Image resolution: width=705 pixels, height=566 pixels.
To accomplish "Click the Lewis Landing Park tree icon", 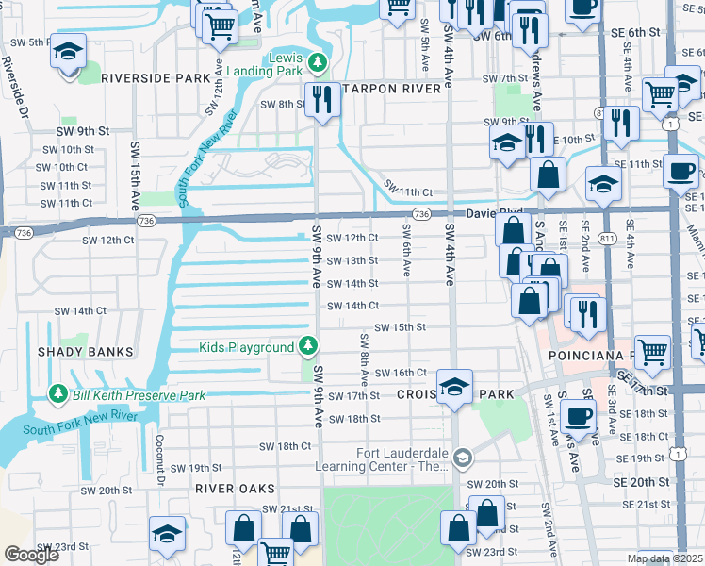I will coord(318,63).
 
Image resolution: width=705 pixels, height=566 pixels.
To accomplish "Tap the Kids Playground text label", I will coord(246,348).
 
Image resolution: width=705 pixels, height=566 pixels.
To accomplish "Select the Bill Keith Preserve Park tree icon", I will coord(58,393).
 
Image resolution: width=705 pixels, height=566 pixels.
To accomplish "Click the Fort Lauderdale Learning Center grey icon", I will coord(462,458).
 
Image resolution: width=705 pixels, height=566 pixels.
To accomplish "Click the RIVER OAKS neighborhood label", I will coord(235,489).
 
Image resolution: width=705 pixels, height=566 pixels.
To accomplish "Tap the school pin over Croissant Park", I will coord(454,386).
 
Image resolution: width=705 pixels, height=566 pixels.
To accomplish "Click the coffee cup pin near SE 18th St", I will coord(577,415).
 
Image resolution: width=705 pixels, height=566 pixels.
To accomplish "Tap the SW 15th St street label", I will coord(401,327).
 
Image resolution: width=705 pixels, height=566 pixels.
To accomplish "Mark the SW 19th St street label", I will coord(197,468).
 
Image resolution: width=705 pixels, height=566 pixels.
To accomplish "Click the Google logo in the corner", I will coord(31,555).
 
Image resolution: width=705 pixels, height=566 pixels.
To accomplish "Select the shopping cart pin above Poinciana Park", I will coord(653,352).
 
